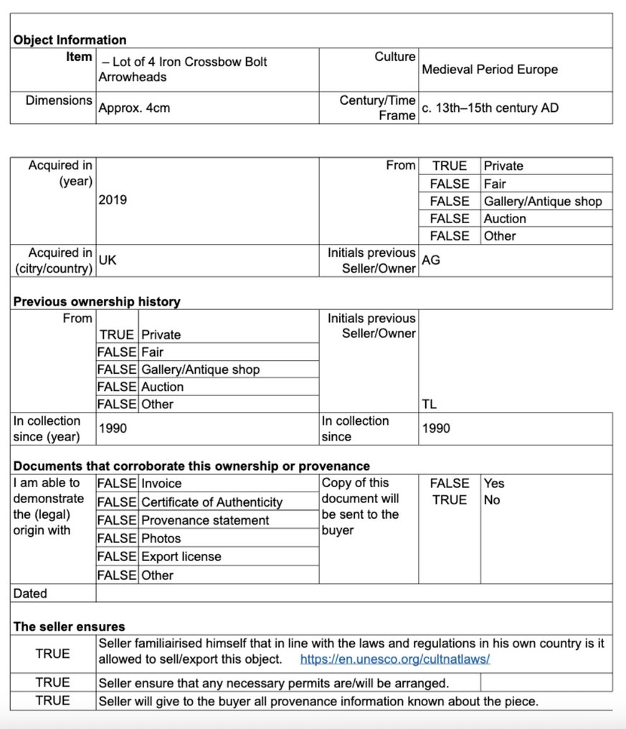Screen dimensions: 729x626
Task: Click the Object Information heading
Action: pyautogui.click(x=70, y=40)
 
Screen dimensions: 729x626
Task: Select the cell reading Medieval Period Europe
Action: pyautogui.click(x=489, y=70)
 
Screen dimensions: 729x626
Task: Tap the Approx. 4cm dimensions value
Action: pyautogui.click(x=134, y=108)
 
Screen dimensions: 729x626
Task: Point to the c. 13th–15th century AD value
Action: pyautogui.click(x=490, y=108)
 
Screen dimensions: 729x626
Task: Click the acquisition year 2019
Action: pyautogui.click(x=113, y=200)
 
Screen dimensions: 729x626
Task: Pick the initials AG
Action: pyautogui.click(x=431, y=260)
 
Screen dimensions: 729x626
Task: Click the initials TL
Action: pyautogui.click(x=430, y=405)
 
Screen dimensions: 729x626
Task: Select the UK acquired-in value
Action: pyautogui.click(x=108, y=260)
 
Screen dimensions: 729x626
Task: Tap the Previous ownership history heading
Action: pyautogui.click(x=97, y=301)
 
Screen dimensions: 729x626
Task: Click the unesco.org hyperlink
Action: pyautogui.click(x=394, y=659)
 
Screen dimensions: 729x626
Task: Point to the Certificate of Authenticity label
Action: pyautogui.click(x=212, y=502)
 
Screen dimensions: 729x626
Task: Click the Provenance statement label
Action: pyautogui.click(x=205, y=520)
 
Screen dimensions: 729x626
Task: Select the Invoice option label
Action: pyautogui.click(x=161, y=484)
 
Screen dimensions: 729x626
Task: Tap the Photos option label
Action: pyautogui.click(x=161, y=538)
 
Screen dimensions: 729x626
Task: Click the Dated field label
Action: pyautogui.click(x=30, y=593)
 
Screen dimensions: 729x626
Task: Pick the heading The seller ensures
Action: pyautogui.click(x=69, y=627)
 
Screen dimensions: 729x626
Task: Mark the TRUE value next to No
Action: pyautogui.click(x=450, y=500)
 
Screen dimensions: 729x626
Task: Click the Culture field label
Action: pyautogui.click(x=394, y=57)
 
